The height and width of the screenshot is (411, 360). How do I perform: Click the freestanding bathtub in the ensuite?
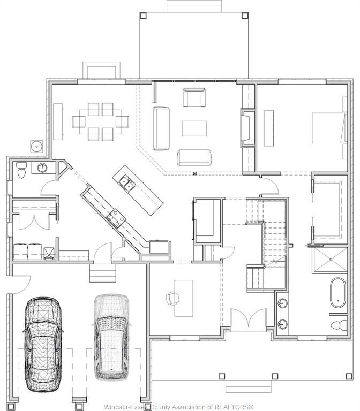(338, 293)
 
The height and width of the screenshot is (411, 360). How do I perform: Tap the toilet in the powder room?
(21, 170)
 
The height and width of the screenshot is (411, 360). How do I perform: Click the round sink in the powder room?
(41, 168)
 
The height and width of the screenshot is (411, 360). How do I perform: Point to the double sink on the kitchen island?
(126, 184)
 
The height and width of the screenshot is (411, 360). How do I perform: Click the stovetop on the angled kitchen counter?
(116, 216)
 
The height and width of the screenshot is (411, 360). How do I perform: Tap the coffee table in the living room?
(194, 128)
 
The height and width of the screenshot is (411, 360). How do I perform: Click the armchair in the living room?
(193, 97)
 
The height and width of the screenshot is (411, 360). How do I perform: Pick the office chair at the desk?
(172, 298)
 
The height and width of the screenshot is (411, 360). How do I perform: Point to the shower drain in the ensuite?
(331, 259)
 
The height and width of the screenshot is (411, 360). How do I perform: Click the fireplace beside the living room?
(247, 126)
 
